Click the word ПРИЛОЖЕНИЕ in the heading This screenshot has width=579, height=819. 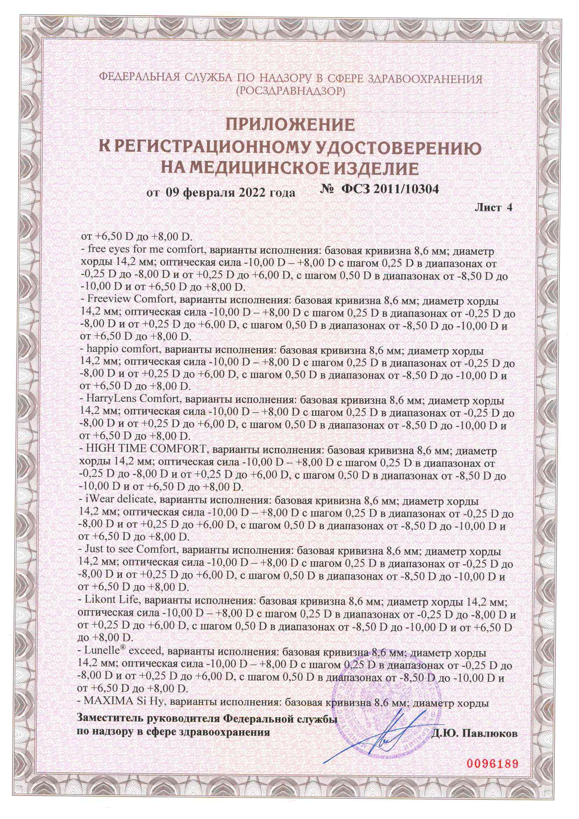(290, 125)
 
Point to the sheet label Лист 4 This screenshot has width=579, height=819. (494, 208)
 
